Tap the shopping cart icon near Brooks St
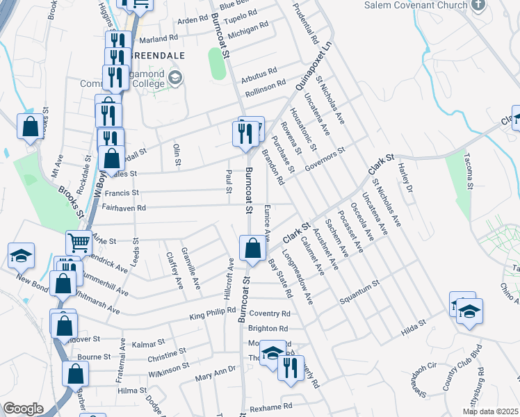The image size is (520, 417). pyautogui.click(x=79, y=243)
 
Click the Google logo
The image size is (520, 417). pyautogui.click(x=23, y=409)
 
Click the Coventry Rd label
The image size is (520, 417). pyautogui.click(x=268, y=314)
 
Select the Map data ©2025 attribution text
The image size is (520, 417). pyautogui.click(x=489, y=411)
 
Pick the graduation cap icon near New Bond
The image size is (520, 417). pyautogui.click(x=21, y=256)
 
